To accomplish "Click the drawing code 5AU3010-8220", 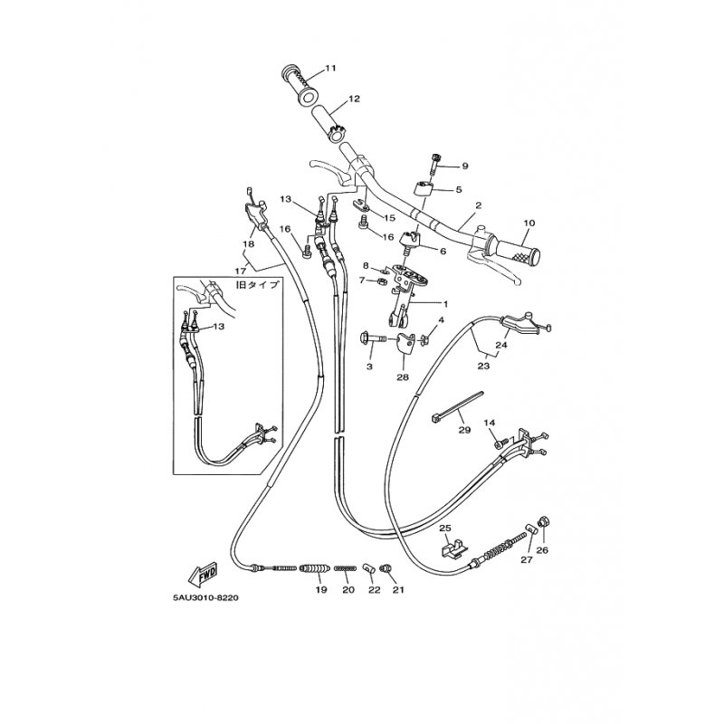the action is pyautogui.click(x=206, y=598).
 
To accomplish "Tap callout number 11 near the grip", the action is pyautogui.click(x=330, y=69).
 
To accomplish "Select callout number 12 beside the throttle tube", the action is pyautogui.click(x=354, y=99).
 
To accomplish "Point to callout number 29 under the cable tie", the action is pyautogui.click(x=464, y=430).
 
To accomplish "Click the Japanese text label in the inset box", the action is pyautogui.click(x=258, y=285).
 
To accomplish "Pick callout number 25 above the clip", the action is pyautogui.click(x=444, y=528).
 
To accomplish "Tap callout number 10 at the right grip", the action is pyautogui.click(x=529, y=223).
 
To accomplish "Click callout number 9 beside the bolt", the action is pyautogui.click(x=465, y=166).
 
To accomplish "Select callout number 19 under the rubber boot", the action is pyautogui.click(x=321, y=590).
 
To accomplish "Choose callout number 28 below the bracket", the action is pyautogui.click(x=403, y=377).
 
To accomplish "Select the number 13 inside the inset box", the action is pyautogui.click(x=218, y=327).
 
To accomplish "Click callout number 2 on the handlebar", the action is pyautogui.click(x=479, y=205).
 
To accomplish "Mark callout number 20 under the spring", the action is pyautogui.click(x=348, y=590).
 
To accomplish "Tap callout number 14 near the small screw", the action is pyautogui.click(x=490, y=423).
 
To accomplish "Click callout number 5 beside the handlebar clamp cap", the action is pyautogui.click(x=459, y=189).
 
